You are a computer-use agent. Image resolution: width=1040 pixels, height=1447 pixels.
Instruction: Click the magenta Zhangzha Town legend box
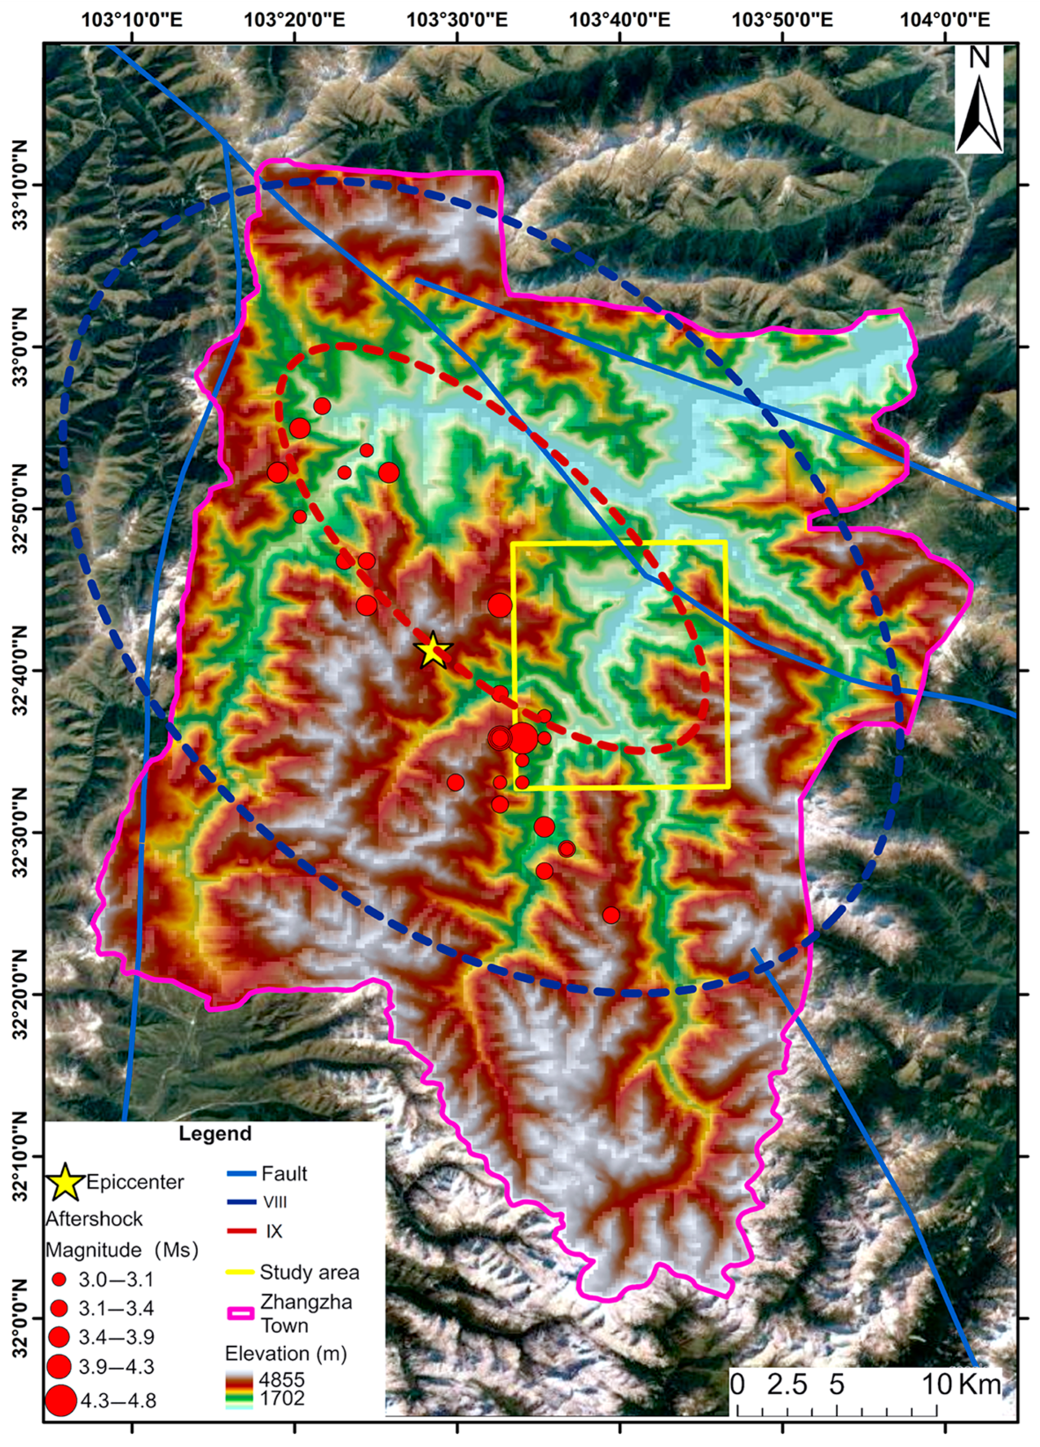point(241,1314)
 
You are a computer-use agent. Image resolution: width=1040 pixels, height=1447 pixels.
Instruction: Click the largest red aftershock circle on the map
point(522,738)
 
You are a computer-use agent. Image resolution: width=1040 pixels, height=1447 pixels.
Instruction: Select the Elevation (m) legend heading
point(285,1353)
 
